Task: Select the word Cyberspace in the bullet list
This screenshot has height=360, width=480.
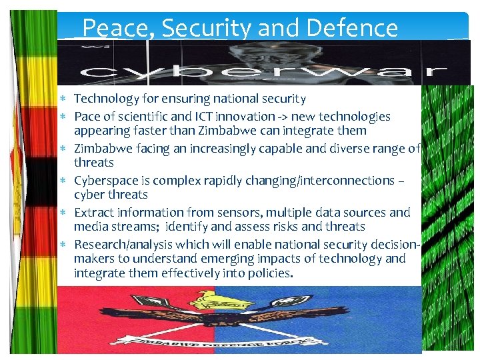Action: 104,181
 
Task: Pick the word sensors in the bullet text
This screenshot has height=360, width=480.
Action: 212,213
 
